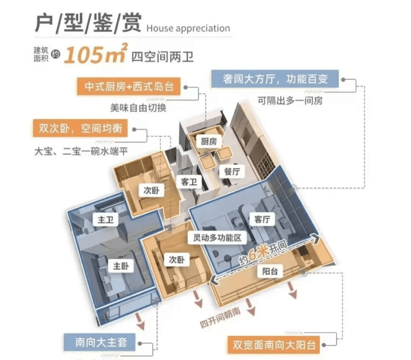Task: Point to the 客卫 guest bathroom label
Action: tap(188, 182)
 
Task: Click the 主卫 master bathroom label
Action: tap(100, 220)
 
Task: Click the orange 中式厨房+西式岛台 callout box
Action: tap(129, 86)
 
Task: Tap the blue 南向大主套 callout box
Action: tap(99, 341)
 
